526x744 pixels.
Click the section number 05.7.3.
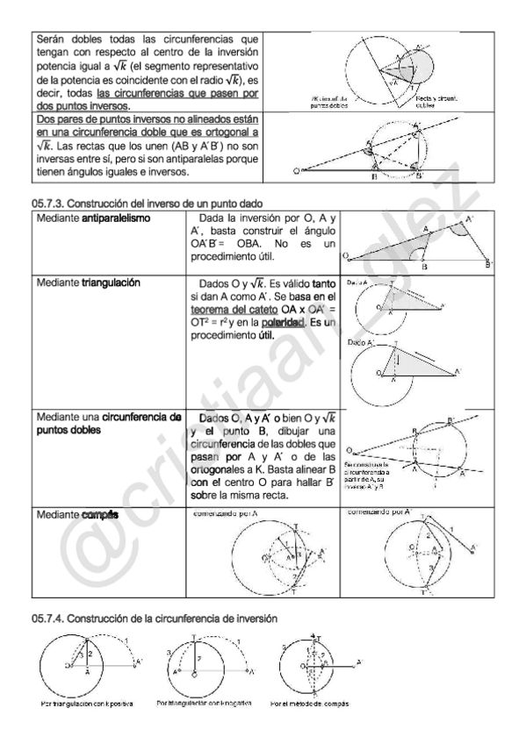point(50,204)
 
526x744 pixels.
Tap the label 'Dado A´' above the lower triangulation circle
point(359,342)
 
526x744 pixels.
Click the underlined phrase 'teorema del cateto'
point(234,309)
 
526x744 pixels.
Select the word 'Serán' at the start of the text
point(53,39)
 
